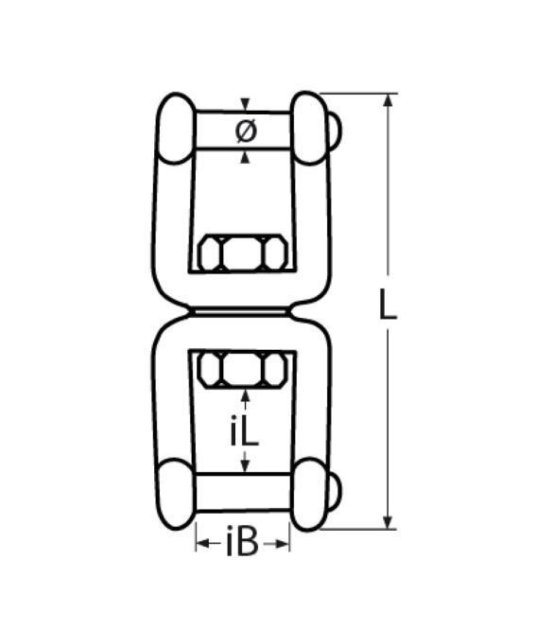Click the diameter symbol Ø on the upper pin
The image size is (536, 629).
246,131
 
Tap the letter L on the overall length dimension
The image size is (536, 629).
388,304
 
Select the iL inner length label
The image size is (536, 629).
245,430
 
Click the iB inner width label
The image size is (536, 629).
242,543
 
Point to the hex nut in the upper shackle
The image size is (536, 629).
243,253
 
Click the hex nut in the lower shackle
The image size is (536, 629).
243,370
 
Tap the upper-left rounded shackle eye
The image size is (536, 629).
176,129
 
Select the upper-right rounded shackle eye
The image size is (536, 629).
309,128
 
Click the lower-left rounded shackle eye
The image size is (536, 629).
176,494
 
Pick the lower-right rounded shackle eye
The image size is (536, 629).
309,494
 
